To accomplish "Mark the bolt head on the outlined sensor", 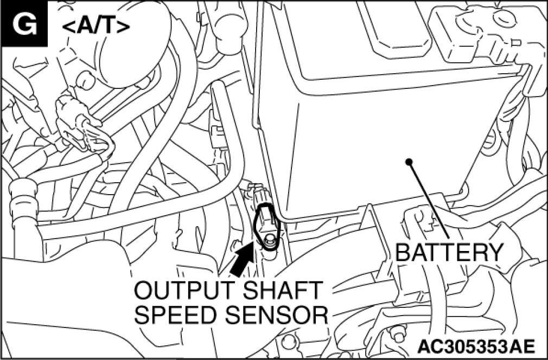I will pyautogui.click(x=269, y=239).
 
